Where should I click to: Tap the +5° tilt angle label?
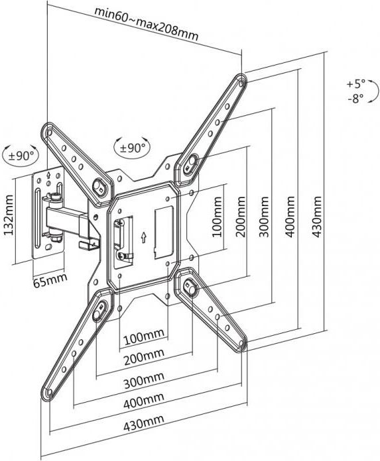pos(355,85)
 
